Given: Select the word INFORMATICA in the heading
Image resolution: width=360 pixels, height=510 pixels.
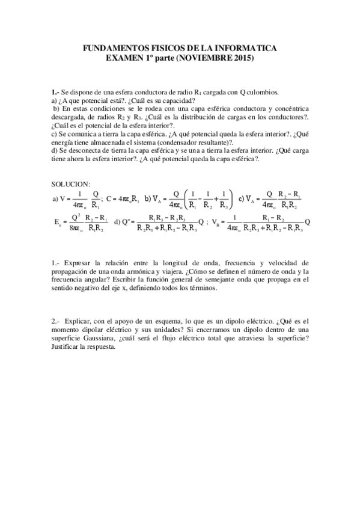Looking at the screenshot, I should (248, 49).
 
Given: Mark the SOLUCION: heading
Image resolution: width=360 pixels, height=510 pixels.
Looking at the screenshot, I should (71, 183).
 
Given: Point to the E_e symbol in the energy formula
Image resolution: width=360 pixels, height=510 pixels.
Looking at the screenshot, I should (58, 221).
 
